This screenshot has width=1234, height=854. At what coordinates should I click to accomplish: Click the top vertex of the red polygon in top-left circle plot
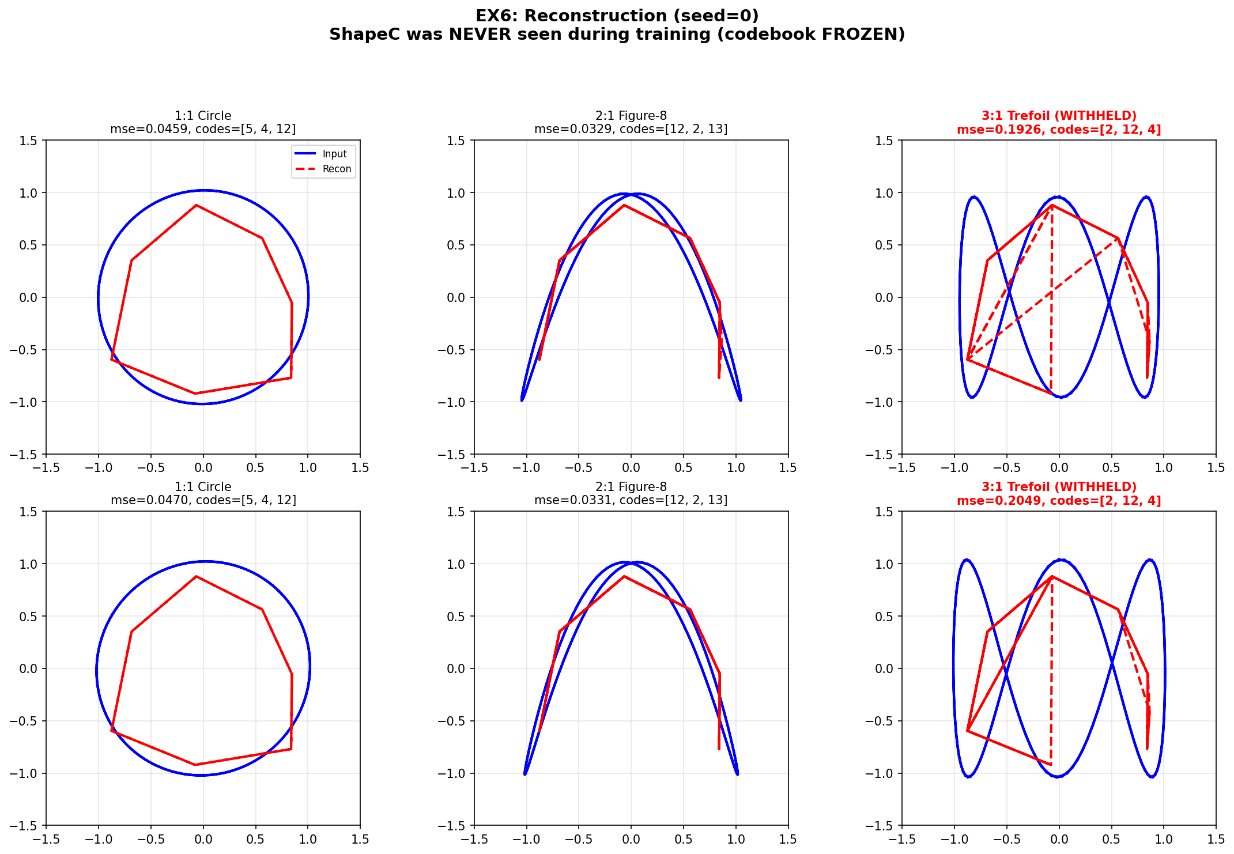tap(197, 205)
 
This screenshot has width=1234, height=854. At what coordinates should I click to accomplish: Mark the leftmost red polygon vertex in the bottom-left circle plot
tap(111, 731)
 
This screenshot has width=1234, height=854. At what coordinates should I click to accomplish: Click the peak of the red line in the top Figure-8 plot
tap(624, 205)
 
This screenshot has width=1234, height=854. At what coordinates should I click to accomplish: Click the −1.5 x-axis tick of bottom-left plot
tap(46, 839)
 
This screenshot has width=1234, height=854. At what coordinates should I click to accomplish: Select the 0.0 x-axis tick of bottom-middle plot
tap(631, 839)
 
